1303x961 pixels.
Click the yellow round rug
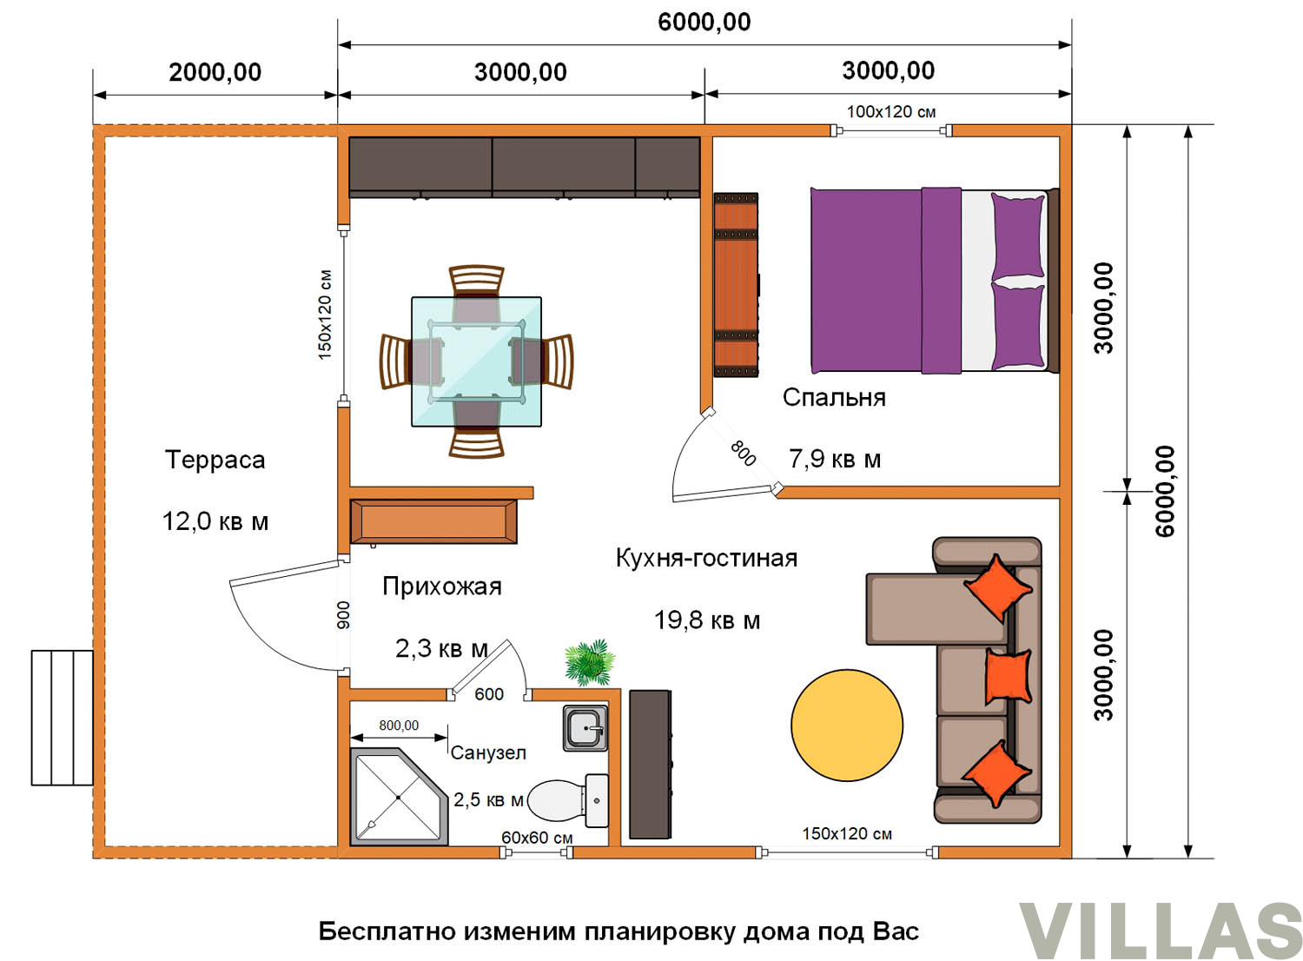pos(847,726)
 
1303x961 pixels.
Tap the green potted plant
pos(590,662)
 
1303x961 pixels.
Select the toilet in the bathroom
pos(568,800)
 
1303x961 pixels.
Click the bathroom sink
pos(585,728)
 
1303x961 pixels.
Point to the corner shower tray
pos(399,797)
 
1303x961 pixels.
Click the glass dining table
pos(476,361)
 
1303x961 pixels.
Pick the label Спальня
pos(834,397)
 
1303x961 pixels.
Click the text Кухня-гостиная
pos(707,558)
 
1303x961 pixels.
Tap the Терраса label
pos(215,460)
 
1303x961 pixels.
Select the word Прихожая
pos(442,587)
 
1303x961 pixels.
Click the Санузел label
pos(488,752)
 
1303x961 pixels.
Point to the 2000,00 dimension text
pos(215,72)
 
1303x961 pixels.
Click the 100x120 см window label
pos(891,112)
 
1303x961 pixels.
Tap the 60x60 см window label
pos(537,838)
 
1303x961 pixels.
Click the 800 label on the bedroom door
pos(743,454)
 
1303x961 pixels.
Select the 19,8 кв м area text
pos(707,620)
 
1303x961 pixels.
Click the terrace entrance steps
pos(63,718)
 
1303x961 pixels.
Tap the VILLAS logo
pos(1161,930)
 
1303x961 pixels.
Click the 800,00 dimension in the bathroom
pos(399,726)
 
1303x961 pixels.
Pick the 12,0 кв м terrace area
pos(215,521)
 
